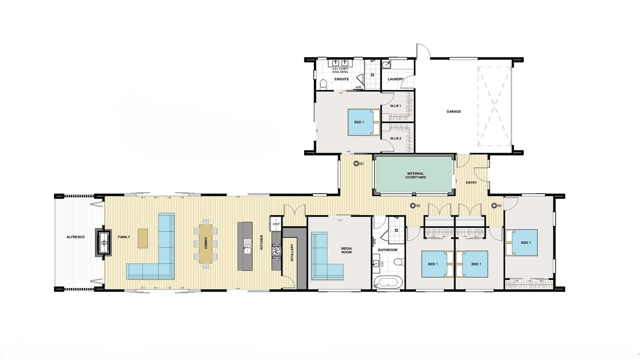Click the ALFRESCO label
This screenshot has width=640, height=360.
tap(75, 237)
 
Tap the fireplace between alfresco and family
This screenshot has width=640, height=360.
tap(104, 242)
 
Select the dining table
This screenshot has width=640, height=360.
tap(206, 243)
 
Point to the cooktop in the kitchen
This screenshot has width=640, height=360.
tap(277, 250)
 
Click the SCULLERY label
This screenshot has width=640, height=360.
tap(292, 252)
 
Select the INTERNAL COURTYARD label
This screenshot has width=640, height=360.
tap(416, 175)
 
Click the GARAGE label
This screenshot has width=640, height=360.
tap(454, 111)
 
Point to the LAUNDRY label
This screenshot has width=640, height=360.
tap(396, 79)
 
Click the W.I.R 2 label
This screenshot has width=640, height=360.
tap(396, 138)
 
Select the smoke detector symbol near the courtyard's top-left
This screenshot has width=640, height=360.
tap(356, 163)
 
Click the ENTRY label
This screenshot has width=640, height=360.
tap(471, 183)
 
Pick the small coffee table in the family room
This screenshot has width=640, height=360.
tap(143, 238)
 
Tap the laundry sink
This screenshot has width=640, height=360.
tap(387, 64)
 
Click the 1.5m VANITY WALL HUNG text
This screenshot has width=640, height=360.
tap(340, 70)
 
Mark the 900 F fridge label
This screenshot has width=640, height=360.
tap(276, 224)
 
